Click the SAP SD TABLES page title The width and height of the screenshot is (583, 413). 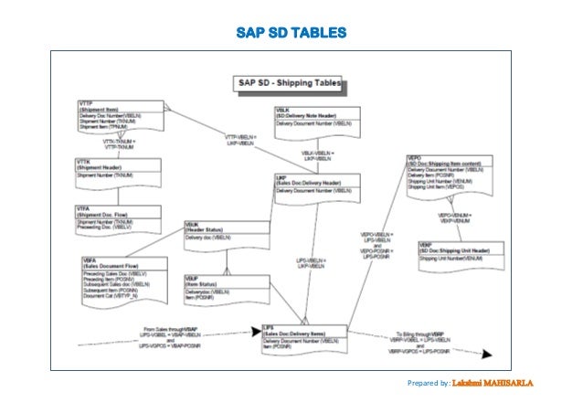pos(291,34)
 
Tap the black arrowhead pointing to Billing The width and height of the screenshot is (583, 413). pos(489,355)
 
